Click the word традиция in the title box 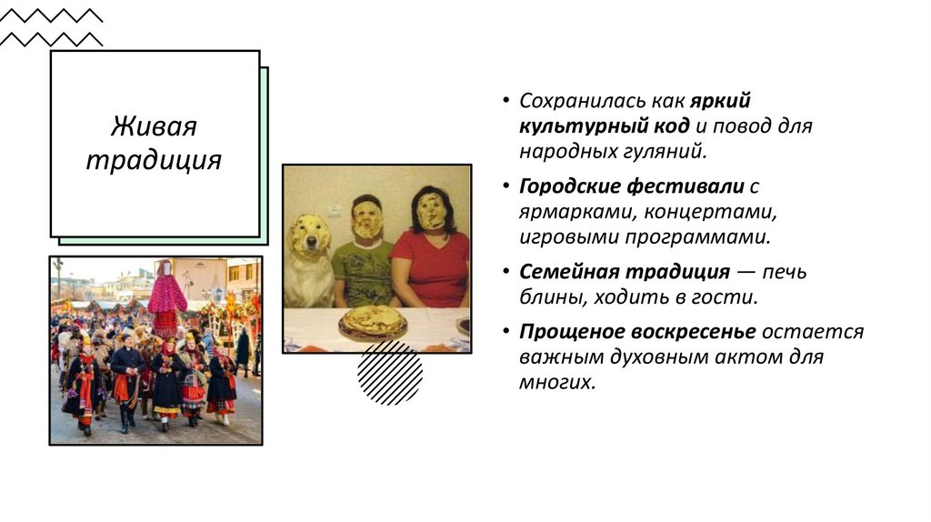154,160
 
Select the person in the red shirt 432,255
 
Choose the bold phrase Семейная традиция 625,272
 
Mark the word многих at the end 557,383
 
